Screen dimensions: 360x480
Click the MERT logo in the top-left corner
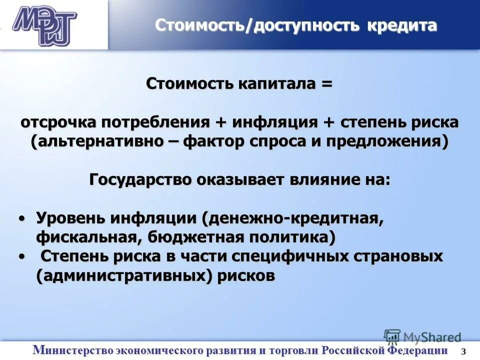click(44, 25)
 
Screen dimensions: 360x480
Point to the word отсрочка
click(59, 122)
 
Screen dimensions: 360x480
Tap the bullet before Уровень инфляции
click(21, 218)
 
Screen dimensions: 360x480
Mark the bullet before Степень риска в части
click(21, 256)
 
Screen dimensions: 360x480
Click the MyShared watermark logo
click(422, 337)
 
